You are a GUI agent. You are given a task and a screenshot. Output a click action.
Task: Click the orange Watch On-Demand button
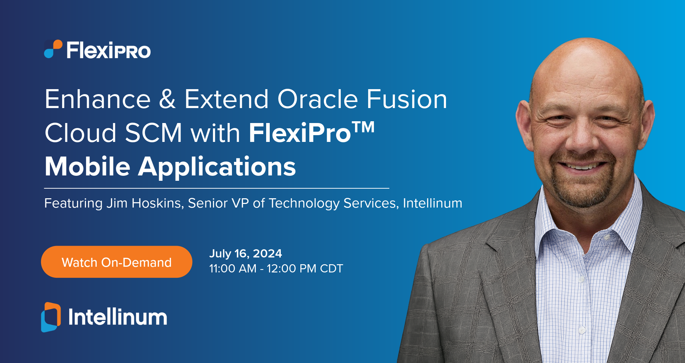tap(117, 262)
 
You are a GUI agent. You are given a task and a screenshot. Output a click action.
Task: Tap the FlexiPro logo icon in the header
tap(53, 49)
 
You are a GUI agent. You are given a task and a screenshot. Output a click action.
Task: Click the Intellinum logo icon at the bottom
tap(51, 317)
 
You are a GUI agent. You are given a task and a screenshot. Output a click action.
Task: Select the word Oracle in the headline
tap(318, 99)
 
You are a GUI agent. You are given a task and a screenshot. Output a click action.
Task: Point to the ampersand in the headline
tap(167, 99)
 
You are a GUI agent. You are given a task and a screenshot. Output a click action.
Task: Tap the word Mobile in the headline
tap(87, 167)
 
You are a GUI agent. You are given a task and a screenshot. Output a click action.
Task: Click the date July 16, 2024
tap(245, 254)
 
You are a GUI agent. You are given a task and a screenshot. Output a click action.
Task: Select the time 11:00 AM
tap(233, 269)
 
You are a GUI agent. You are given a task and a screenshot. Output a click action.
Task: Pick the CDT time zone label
tap(331, 269)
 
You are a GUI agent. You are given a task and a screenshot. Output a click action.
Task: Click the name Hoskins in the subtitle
tap(157, 203)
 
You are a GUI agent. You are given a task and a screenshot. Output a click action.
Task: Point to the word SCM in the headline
tap(153, 133)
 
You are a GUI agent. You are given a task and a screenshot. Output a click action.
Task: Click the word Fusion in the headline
tap(407, 99)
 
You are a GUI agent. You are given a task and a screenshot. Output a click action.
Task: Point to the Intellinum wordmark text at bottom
tap(118, 317)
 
